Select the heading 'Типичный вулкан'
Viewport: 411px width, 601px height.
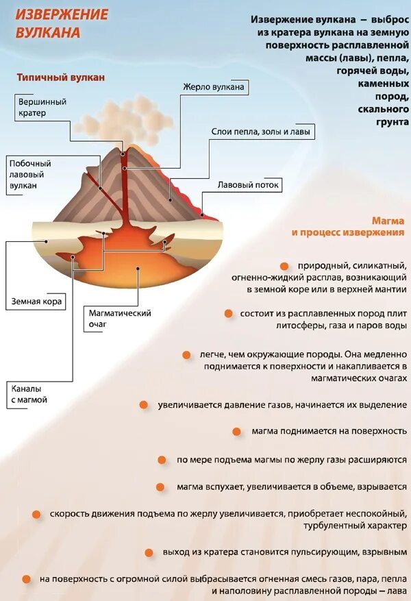pos(61,77)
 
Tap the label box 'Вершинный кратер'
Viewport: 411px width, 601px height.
pos(42,107)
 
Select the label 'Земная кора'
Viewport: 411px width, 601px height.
pos(37,301)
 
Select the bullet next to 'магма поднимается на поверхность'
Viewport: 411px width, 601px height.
pos(236,431)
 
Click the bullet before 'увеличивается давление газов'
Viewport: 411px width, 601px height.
pos(143,405)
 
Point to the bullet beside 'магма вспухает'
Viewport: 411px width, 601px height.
pos(160,487)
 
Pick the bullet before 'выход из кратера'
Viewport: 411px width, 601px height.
pos(149,552)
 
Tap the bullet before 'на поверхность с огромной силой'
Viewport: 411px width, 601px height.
pos(27,578)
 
